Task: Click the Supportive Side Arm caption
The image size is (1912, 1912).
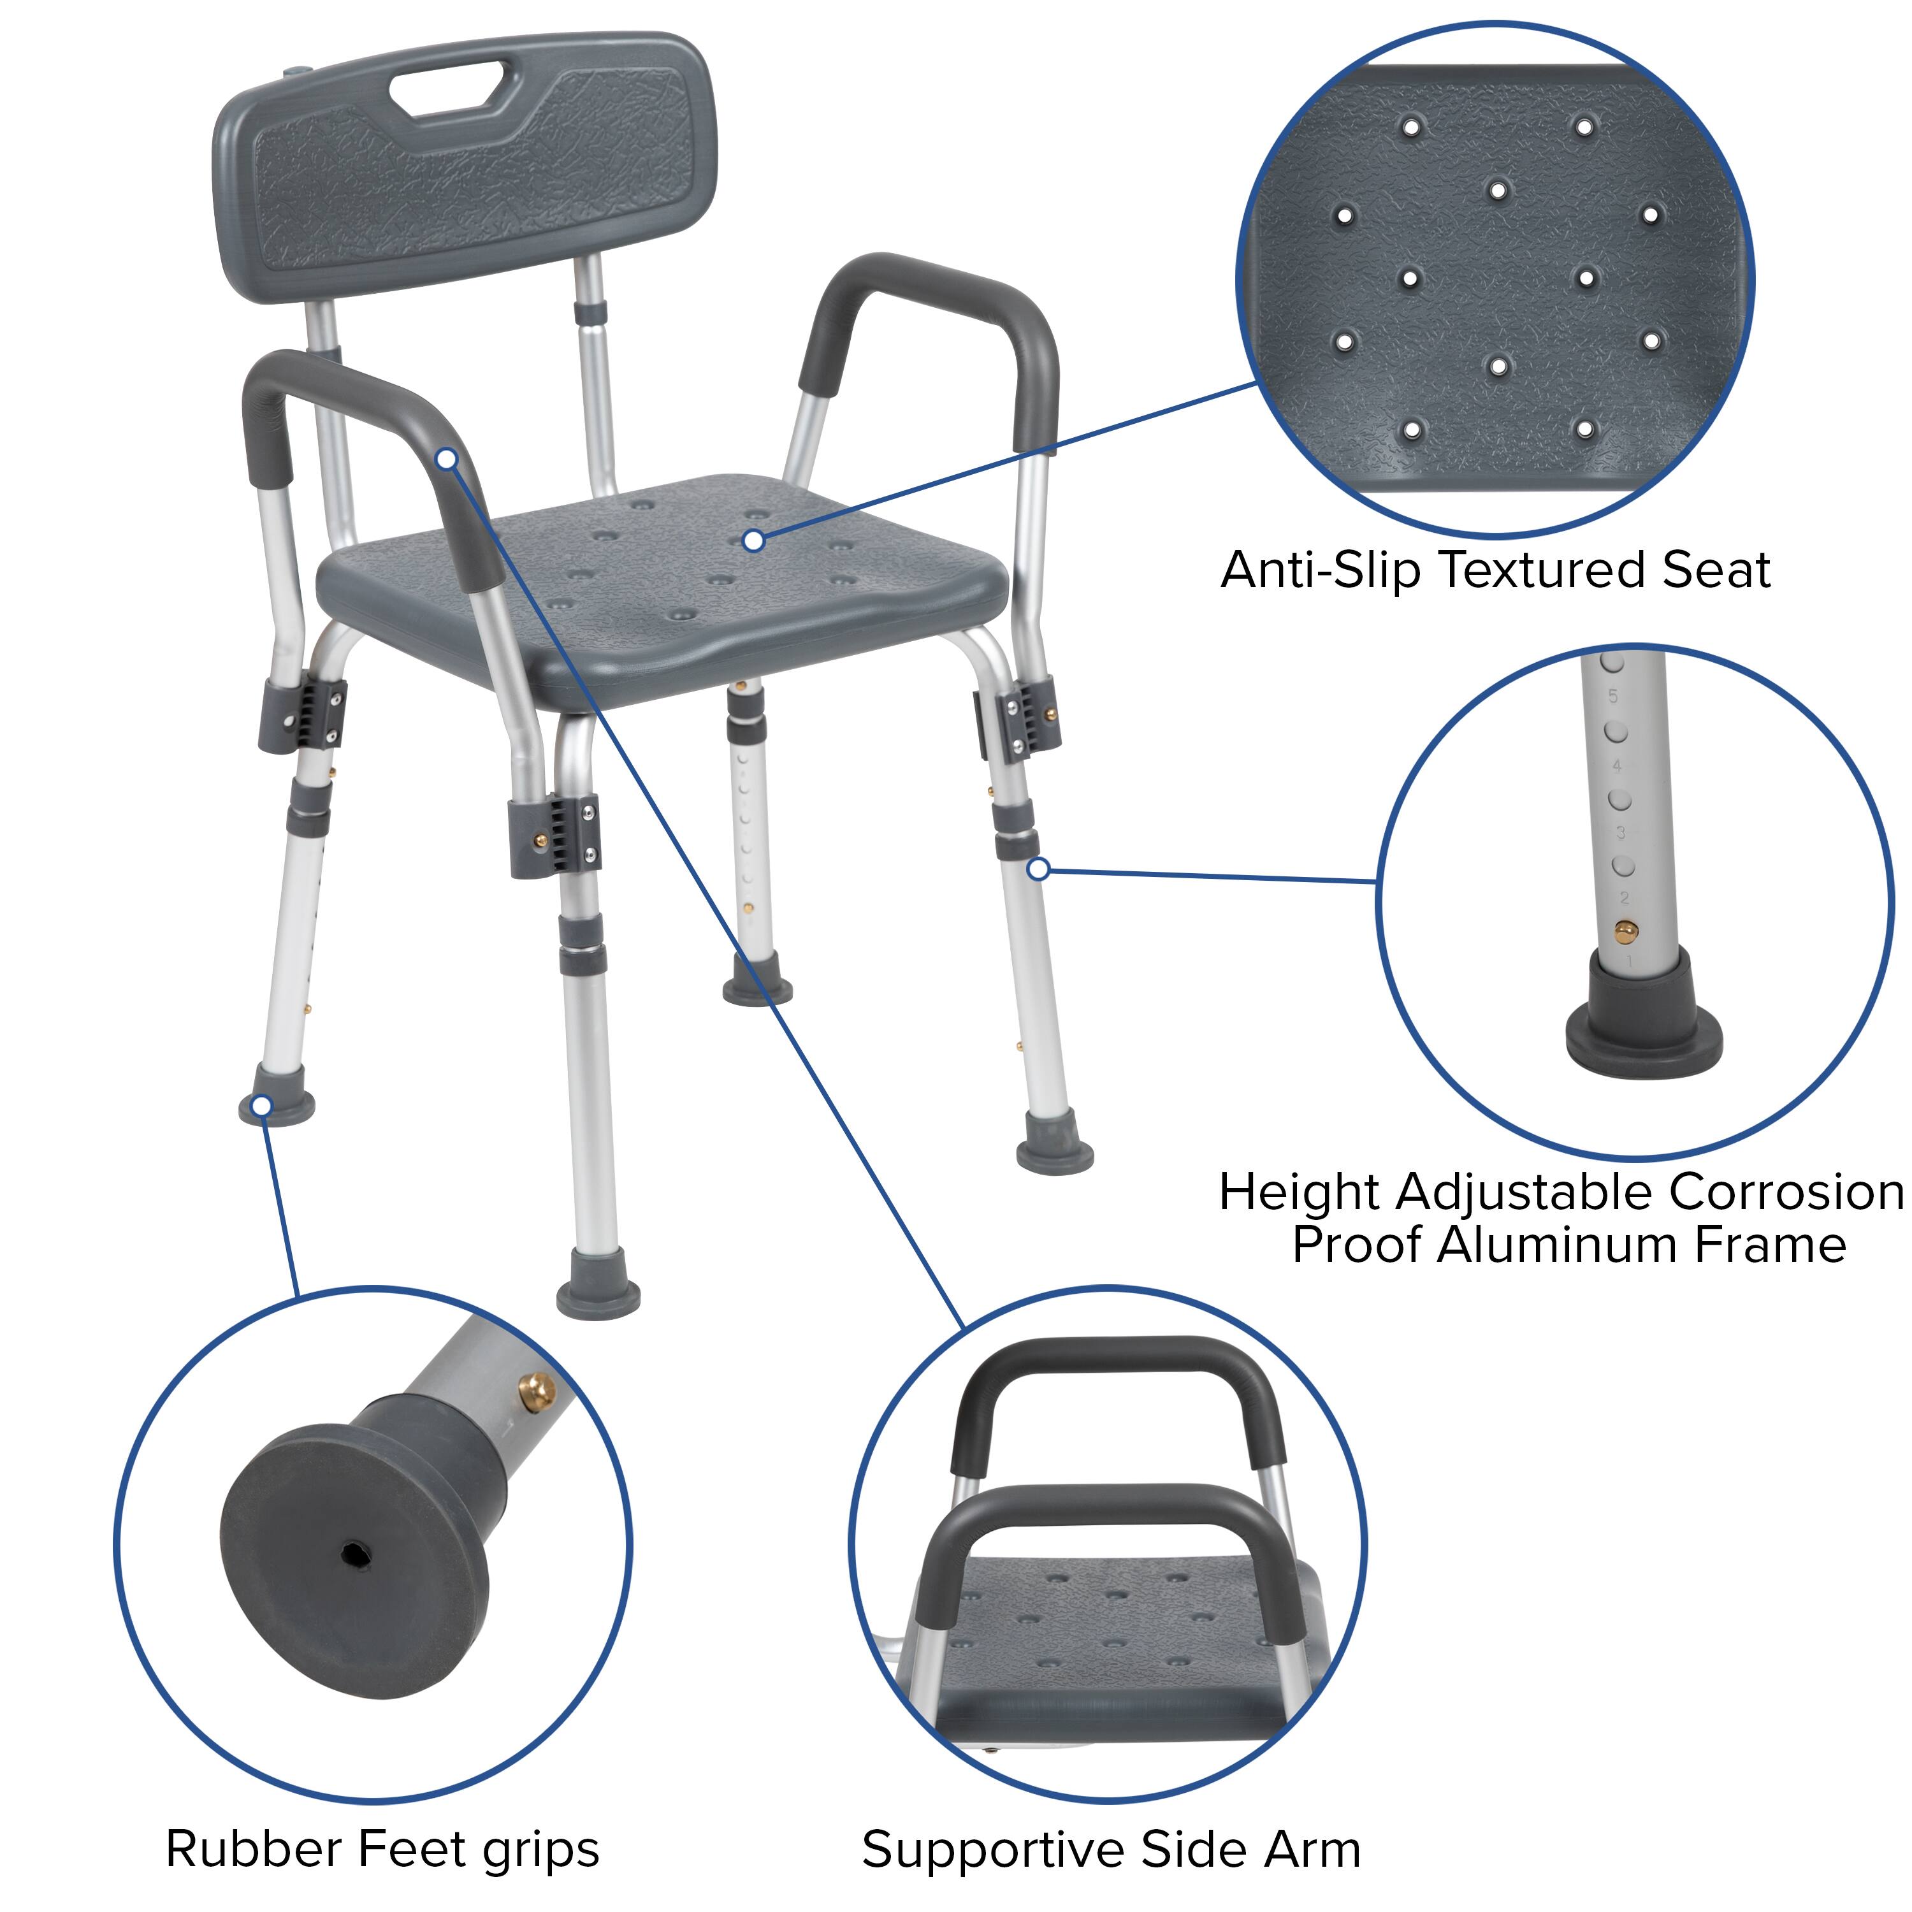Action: [x=1110, y=1849]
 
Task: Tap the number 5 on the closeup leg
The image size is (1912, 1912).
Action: [x=1613, y=696]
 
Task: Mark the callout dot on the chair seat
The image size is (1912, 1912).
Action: [x=754, y=540]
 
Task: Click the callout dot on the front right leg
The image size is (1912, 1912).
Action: [x=1037, y=869]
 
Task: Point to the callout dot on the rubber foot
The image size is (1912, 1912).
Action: [x=261, y=1105]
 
